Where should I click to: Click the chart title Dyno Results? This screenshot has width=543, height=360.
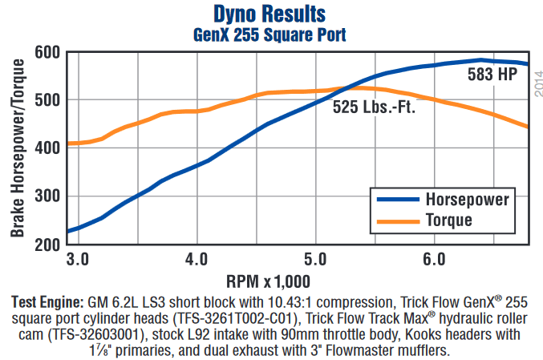pyautogui.click(x=270, y=14)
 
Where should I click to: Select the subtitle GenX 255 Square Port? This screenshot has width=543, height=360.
pyautogui.click(x=270, y=34)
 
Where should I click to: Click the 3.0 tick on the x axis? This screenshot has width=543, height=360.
pyautogui.click(x=77, y=261)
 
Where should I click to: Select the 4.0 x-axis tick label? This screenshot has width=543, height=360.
pyautogui.click(x=197, y=261)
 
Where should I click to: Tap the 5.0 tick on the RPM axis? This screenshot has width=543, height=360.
pyautogui.click(x=316, y=261)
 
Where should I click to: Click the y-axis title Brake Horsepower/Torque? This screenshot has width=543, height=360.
pyautogui.click(x=17, y=148)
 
